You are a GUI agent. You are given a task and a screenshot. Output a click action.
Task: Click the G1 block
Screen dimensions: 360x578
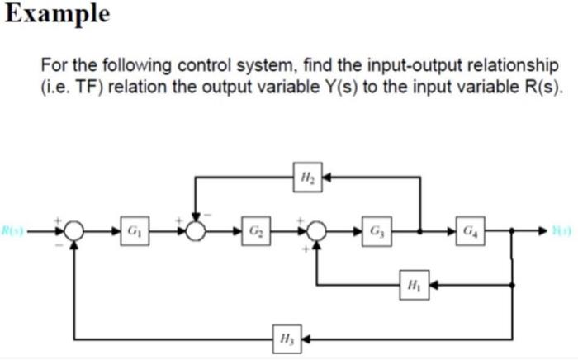(x=131, y=230)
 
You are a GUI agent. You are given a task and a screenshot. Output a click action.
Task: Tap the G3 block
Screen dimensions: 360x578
(x=376, y=230)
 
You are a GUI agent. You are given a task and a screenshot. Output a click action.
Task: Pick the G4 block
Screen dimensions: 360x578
(x=468, y=230)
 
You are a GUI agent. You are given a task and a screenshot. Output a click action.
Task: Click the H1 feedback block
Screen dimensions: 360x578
(x=413, y=286)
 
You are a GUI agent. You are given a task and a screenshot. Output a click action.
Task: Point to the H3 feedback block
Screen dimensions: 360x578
(x=284, y=339)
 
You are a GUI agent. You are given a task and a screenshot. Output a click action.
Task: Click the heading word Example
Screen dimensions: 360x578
(x=55, y=14)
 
